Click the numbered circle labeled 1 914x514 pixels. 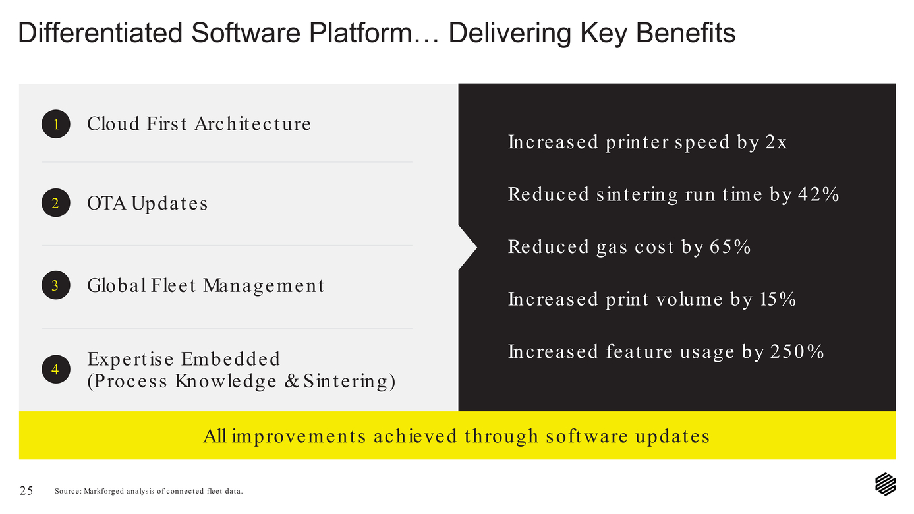tap(56, 124)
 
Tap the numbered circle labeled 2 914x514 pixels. tap(56, 203)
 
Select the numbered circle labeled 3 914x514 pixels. tap(56, 285)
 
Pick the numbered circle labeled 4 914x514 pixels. tap(56, 369)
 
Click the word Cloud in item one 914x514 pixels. tap(113, 124)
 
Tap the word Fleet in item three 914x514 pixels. tap(173, 285)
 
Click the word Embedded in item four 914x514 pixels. tap(231, 359)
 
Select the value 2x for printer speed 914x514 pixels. tap(776, 142)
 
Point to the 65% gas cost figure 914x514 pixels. tap(730, 247)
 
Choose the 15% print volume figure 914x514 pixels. tap(778, 299)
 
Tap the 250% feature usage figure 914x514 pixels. tap(797, 352)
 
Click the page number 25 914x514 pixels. tap(26, 490)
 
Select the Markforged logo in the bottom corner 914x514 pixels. tap(885, 484)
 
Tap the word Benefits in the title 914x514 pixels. tap(685, 33)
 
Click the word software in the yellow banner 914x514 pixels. tap(587, 436)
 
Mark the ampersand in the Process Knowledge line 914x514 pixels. tap(291, 381)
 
